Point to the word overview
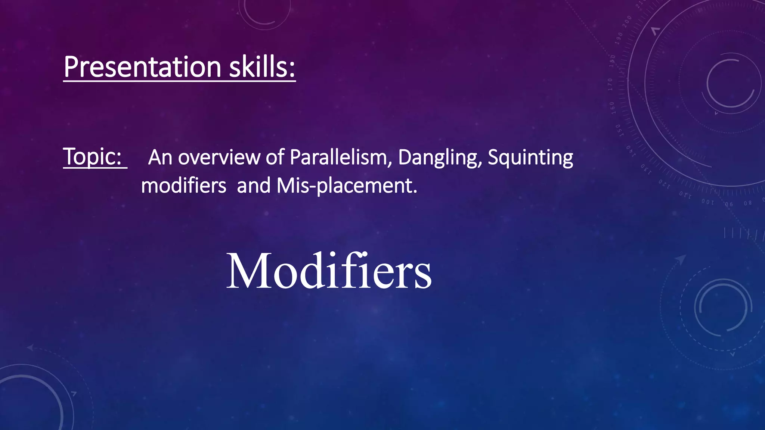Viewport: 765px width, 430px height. pos(219,158)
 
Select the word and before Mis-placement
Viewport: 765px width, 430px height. pos(254,186)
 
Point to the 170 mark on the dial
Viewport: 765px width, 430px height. pos(610,84)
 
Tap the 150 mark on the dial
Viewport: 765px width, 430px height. pos(618,130)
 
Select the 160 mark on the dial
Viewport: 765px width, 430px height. pos(612,107)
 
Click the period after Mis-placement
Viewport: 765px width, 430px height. pos(415,192)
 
